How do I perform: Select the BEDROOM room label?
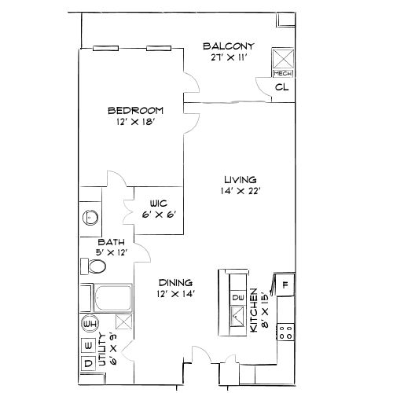(135, 110)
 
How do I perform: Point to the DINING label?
(175, 282)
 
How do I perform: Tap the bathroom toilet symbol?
(96, 267)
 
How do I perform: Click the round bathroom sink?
(90, 217)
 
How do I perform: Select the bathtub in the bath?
(112, 298)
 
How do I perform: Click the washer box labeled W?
(88, 345)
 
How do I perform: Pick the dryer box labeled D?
(88, 362)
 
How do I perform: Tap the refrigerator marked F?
(285, 285)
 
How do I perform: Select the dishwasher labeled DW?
(238, 297)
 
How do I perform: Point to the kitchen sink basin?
(237, 317)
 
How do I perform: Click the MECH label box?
(281, 73)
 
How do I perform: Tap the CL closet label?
(281, 87)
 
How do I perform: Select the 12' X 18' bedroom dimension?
(135, 122)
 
